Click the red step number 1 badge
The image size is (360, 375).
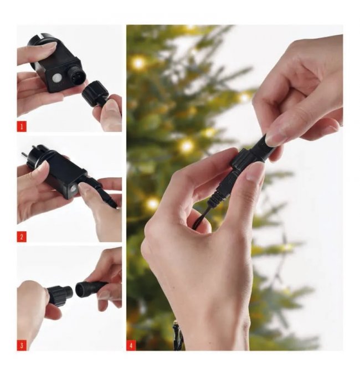click(22, 126)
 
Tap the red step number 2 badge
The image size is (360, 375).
click(22, 237)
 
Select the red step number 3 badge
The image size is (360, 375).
click(22, 346)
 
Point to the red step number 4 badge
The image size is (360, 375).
click(131, 346)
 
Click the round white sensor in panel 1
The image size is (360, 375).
click(56, 78)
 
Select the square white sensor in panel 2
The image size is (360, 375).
click(73, 189)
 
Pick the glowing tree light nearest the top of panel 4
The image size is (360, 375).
click(138, 63)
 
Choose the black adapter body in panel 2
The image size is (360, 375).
click(65, 173)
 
